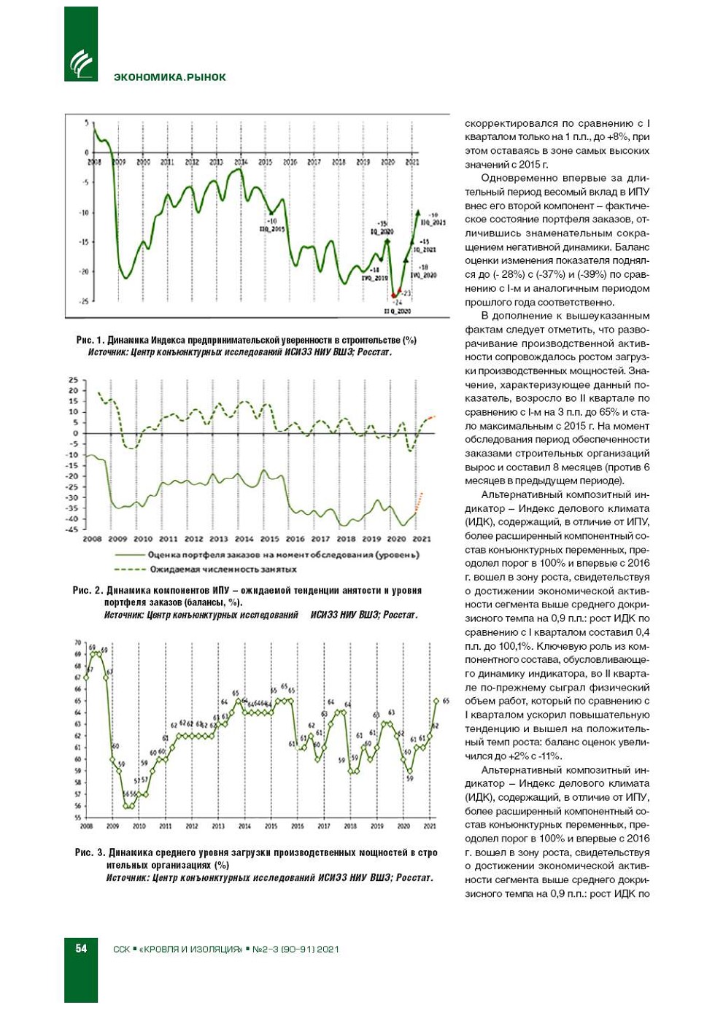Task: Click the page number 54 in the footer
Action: point(81,948)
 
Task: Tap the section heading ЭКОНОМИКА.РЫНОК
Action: point(169,77)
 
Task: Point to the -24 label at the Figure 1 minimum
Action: point(398,302)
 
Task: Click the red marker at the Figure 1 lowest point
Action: point(394,295)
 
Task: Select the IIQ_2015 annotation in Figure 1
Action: point(272,229)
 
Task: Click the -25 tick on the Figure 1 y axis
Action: point(84,300)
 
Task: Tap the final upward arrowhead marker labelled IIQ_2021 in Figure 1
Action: point(418,212)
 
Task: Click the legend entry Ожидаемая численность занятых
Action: point(223,569)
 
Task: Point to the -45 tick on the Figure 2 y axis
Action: point(73,529)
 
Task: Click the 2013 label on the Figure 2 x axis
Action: point(219,539)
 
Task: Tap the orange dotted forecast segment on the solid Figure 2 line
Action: point(419,502)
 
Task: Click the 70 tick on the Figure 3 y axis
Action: point(78,642)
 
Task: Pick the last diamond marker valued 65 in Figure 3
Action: point(436,701)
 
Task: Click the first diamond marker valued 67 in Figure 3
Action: point(86,677)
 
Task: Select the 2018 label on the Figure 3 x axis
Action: point(350,826)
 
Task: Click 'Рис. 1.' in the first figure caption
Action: point(90,341)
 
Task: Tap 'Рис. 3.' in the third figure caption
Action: point(90,852)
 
